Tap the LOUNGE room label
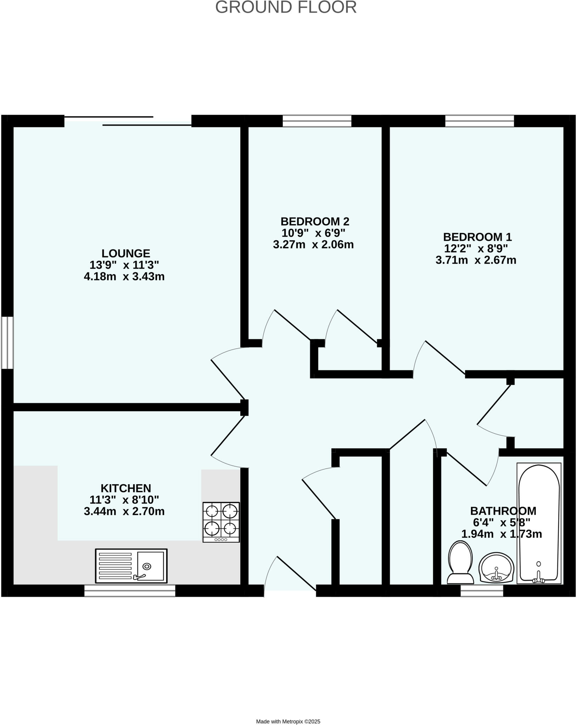click(126, 253)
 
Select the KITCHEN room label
click(126, 488)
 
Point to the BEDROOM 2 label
click(315, 222)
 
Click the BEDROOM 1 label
click(477, 237)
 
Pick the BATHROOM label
click(503, 511)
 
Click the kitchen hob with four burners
click(221, 522)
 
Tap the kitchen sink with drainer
click(131, 566)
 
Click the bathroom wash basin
click(496, 567)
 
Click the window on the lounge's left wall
click(7, 343)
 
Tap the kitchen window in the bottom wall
click(130, 590)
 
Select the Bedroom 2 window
click(317, 121)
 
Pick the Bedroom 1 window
click(480, 121)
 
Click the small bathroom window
click(482, 590)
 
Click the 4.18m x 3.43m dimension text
click(124, 276)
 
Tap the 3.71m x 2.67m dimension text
click(476, 260)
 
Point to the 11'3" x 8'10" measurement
click(124, 500)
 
